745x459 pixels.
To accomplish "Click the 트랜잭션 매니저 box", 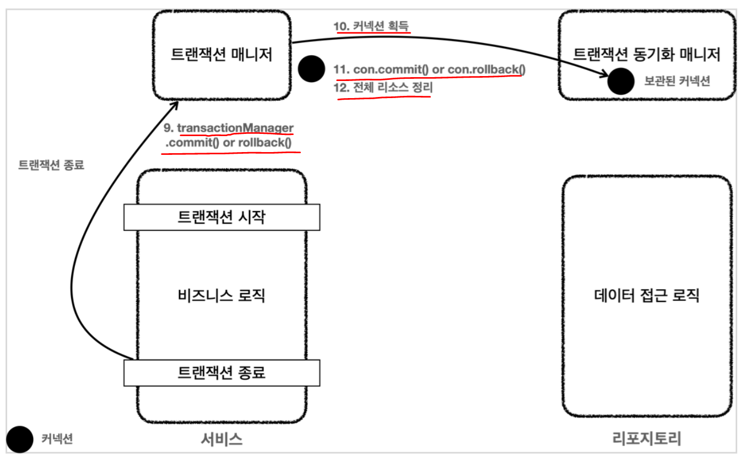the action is point(222,55).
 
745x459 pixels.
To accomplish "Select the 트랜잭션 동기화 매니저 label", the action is point(647,54).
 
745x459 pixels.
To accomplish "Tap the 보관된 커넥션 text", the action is point(677,82).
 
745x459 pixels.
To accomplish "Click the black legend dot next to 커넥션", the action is point(21,439).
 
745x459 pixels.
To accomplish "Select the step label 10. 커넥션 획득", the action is point(371,26).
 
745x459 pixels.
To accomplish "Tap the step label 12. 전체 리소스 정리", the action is point(384,88).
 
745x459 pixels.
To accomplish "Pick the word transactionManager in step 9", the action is point(235,128).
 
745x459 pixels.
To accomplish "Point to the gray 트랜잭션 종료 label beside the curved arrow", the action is point(51,165).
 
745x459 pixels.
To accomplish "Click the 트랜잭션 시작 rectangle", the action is point(222,217).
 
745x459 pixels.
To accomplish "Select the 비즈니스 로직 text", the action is point(222,295).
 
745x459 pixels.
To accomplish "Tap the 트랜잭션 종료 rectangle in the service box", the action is point(222,372).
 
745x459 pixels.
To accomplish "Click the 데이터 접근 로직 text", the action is point(647,295).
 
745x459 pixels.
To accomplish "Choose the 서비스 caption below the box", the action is point(222,439).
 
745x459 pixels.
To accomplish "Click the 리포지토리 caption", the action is point(647,439).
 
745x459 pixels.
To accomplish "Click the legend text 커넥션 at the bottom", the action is point(57,439).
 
